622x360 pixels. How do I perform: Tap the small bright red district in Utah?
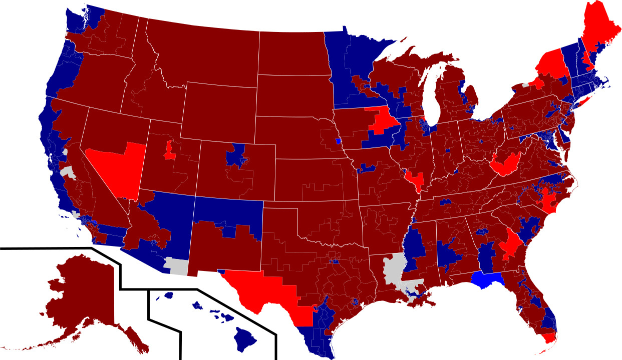tap(170, 150)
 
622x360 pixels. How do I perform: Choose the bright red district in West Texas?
tap(265, 290)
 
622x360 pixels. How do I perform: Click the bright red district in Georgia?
tap(511, 242)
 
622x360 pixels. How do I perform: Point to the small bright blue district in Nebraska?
tap(338, 141)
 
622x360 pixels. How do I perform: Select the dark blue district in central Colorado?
tap(235, 156)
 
